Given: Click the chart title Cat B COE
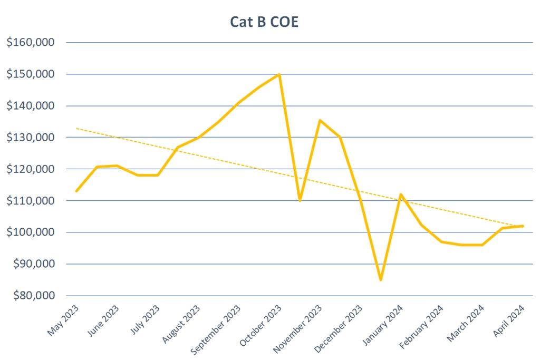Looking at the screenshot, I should [264, 22].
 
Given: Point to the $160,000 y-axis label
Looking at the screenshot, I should [31, 43].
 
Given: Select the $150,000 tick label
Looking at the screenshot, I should [31, 74].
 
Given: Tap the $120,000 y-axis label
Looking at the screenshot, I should [31, 169].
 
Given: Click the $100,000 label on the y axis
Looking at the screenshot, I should [31, 232].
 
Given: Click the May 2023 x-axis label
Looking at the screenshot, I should [63, 320].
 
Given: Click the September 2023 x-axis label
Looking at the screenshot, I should [216, 327].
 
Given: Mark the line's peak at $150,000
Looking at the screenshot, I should [279, 74].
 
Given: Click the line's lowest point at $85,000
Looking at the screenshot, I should [380, 279].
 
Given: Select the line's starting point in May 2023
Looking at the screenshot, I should [76, 191].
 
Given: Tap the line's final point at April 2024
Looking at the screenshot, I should [522, 226].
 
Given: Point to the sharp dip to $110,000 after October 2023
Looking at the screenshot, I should [300, 200].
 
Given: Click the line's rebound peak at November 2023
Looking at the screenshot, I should [320, 120].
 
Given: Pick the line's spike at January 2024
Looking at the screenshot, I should [401, 194].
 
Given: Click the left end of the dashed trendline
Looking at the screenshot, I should [76, 128].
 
